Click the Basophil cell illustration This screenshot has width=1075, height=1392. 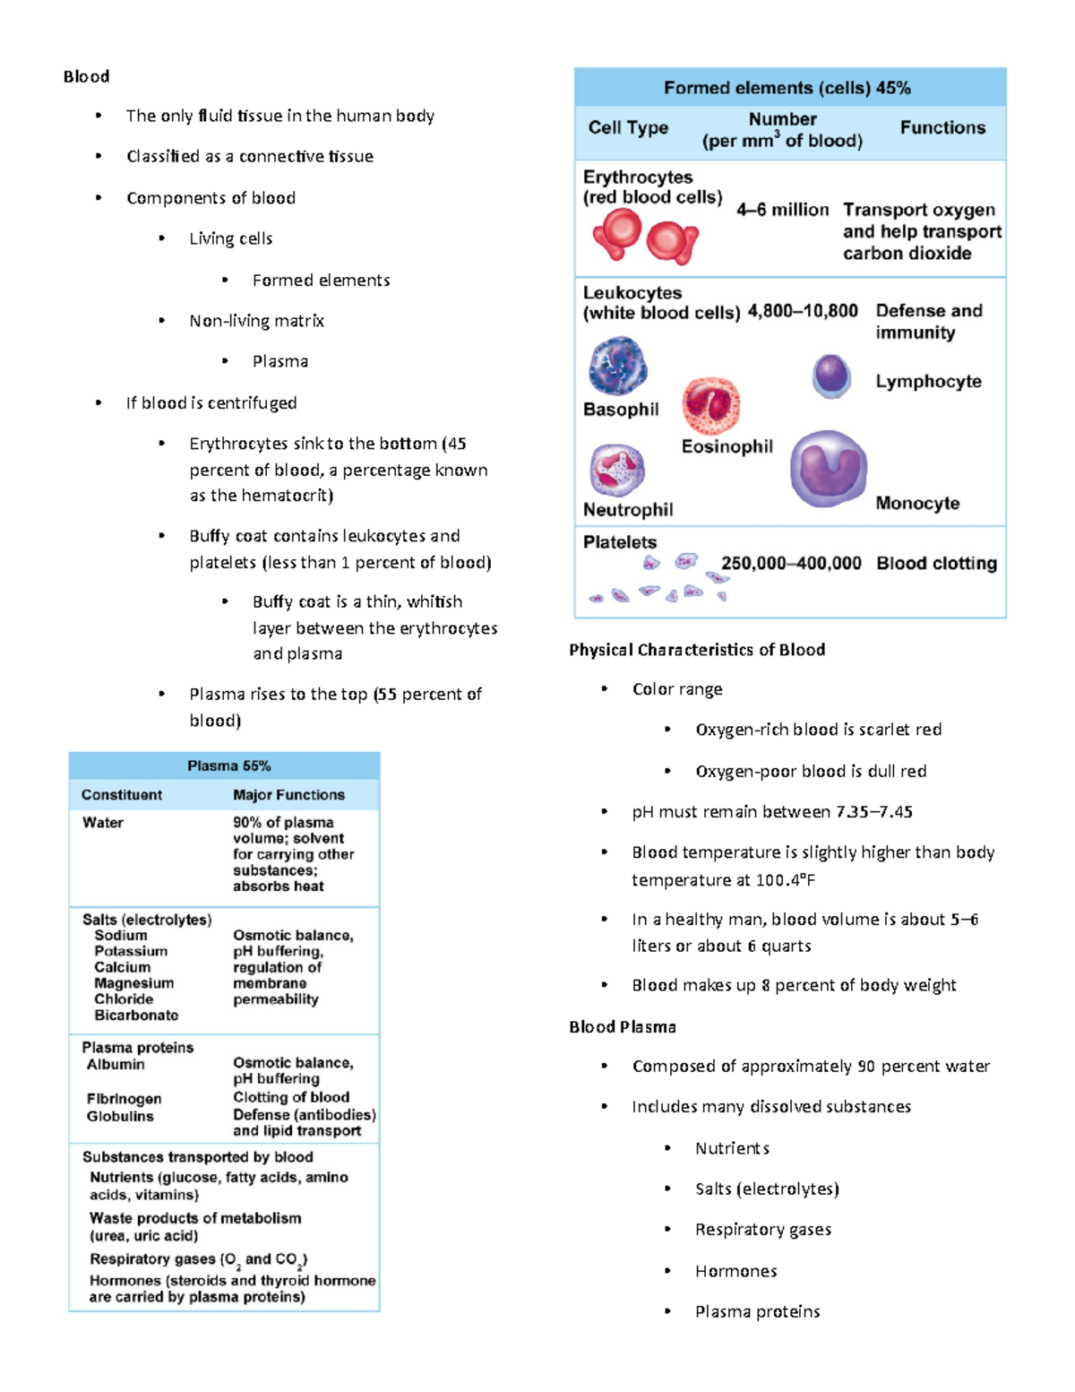(x=617, y=366)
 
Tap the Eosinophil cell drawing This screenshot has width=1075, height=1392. (x=711, y=405)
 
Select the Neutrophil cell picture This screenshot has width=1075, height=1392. (x=616, y=470)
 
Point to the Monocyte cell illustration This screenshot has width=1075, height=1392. (x=828, y=468)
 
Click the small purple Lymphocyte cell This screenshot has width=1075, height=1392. (x=831, y=375)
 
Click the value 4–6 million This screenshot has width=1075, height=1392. (x=782, y=210)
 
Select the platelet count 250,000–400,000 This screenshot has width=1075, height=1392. (x=791, y=563)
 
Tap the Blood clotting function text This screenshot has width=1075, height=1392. (x=936, y=563)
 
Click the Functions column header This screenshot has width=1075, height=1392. (x=942, y=127)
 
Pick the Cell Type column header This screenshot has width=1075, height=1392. (x=628, y=127)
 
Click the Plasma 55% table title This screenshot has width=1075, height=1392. (x=228, y=765)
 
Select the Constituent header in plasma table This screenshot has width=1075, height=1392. (x=122, y=795)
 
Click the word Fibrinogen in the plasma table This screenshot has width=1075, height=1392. (x=124, y=1099)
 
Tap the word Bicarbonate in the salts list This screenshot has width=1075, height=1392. (x=136, y=1016)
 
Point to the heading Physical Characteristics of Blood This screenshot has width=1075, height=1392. (x=697, y=650)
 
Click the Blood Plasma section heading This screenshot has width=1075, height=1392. (x=623, y=1027)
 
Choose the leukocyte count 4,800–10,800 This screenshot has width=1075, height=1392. (x=803, y=311)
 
